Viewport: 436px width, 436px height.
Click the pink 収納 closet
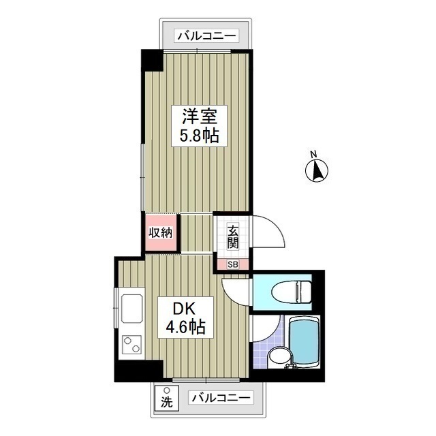pos(161,232)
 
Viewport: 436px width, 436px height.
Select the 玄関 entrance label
pos(232,236)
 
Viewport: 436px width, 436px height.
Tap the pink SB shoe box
pos(233,264)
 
